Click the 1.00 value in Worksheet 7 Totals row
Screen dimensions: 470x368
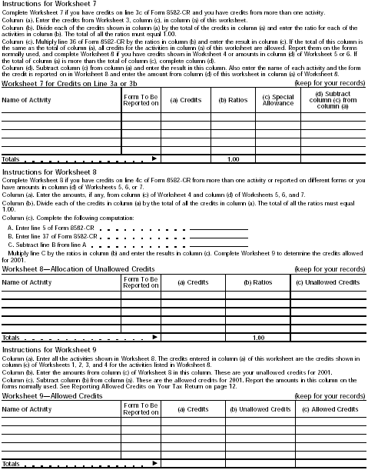[234, 158]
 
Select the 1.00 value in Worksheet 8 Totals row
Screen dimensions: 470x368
[258, 337]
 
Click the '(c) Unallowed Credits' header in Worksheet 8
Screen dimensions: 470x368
[328, 282]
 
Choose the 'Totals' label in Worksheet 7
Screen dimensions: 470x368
[12, 158]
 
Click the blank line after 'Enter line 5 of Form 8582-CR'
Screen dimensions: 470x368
[219, 228]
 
